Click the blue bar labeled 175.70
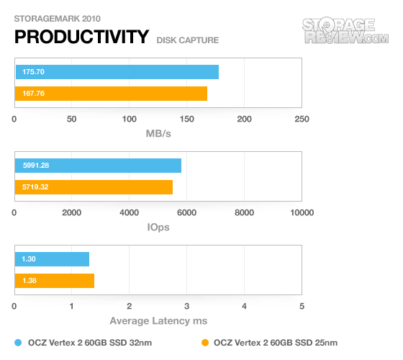[117, 72]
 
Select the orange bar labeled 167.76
[111, 94]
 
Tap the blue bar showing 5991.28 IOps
[98, 166]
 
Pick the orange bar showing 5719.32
[94, 187]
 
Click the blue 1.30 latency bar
[52, 259]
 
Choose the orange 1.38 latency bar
[55, 281]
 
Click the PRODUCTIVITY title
[82, 37]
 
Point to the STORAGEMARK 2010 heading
[57, 19]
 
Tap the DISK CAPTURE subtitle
[188, 40]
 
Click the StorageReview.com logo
[345, 31]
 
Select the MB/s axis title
[158, 134]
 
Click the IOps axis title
[158, 228]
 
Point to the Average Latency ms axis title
[158, 321]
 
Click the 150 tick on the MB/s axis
[187, 119]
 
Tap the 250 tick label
[302, 119]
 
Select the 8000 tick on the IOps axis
[244, 212]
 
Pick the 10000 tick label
[302, 212]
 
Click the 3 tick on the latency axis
[187, 306]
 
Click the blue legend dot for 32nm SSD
[18, 343]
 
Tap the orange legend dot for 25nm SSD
[205, 343]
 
